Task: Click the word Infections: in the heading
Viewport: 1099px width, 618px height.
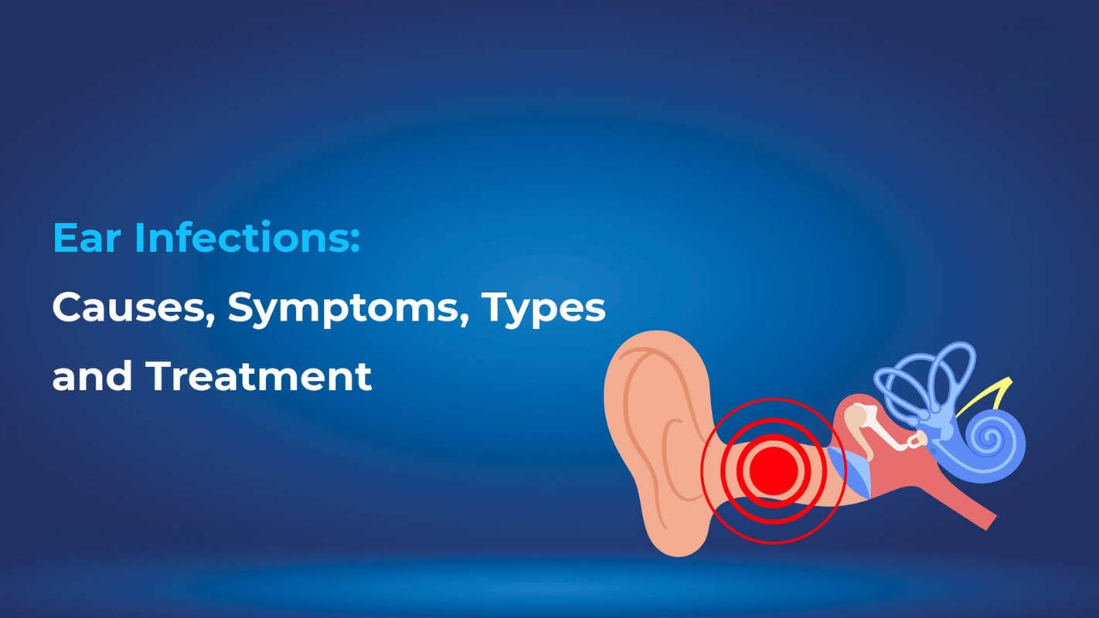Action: [x=247, y=238]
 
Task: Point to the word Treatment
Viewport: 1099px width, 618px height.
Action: [x=258, y=376]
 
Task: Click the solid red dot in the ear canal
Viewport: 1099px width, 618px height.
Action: [x=773, y=470]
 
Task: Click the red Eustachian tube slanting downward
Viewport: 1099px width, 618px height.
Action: [x=966, y=510]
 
